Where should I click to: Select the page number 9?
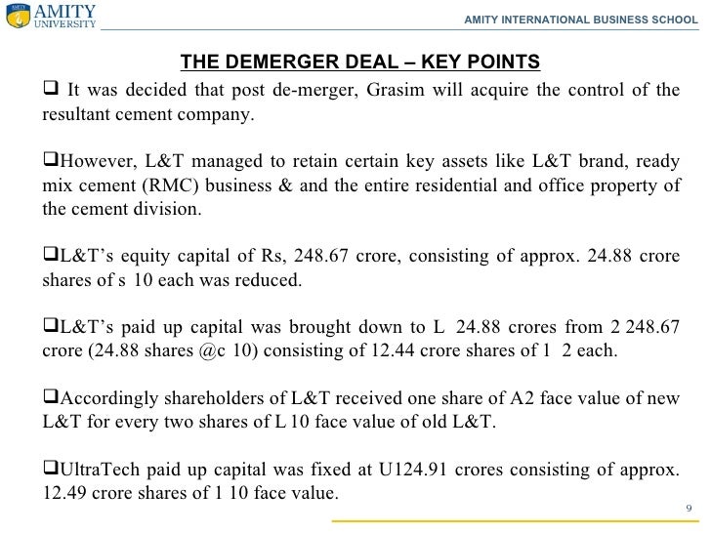click(x=689, y=509)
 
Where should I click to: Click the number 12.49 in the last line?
click(x=63, y=493)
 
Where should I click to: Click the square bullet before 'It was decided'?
click(x=51, y=91)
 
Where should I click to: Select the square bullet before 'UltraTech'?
click(x=51, y=469)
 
